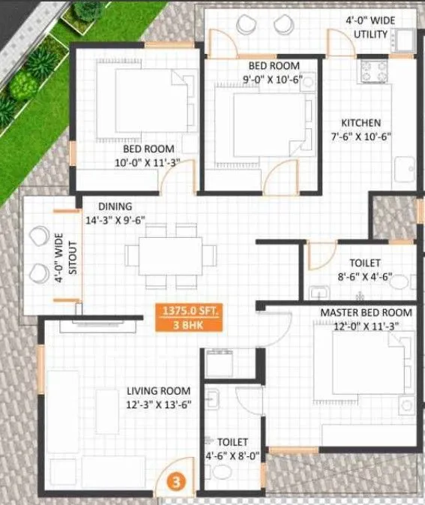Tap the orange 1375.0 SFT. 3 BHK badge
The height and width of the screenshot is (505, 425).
click(x=187, y=317)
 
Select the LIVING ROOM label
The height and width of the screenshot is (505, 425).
click(x=158, y=391)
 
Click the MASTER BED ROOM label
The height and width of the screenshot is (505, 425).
click(x=366, y=312)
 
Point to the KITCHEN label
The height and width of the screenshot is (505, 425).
click(x=361, y=122)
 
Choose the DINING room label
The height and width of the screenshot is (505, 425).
click(x=115, y=206)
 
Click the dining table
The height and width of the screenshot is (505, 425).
click(x=170, y=255)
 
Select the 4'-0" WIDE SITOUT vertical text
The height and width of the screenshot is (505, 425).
click(x=66, y=256)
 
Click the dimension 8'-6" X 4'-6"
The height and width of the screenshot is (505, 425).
click(x=365, y=276)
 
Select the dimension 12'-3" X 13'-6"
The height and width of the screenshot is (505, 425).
click(x=158, y=404)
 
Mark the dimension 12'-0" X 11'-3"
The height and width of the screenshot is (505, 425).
click(x=366, y=326)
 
